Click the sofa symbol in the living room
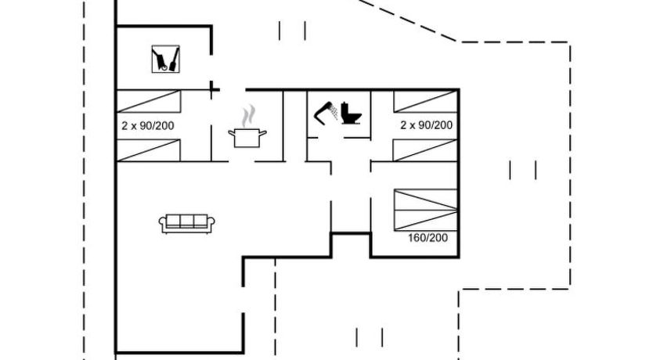click(186, 224)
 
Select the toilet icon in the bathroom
click(351, 113)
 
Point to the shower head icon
click(326, 113)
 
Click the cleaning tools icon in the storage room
click(166, 59)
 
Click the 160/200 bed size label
click(428, 238)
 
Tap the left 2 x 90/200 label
click(148, 126)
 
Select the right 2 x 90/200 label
click(427, 125)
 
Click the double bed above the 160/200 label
click(426, 211)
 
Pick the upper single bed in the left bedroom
click(148, 101)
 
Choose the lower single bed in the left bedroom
click(148, 150)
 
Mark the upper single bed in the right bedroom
click(426, 101)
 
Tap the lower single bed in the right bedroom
click(426, 150)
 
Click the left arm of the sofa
click(162, 224)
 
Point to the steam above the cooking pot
click(248, 116)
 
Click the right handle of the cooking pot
click(263, 133)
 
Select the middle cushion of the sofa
click(186, 221)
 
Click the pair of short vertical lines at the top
click(292, 31)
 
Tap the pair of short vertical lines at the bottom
click(370, 337)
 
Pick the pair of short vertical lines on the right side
click(523, 171)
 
